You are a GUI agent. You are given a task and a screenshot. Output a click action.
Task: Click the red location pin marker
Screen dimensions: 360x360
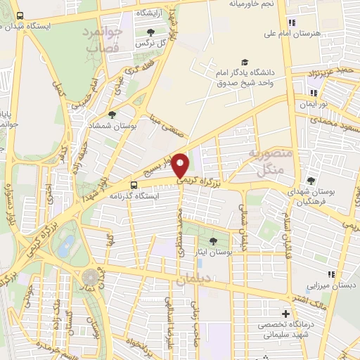click(180, 166)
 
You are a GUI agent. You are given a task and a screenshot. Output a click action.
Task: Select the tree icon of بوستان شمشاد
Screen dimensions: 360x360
click(112, 115)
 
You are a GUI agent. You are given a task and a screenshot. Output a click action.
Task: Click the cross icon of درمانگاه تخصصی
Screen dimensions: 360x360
click(285, 314)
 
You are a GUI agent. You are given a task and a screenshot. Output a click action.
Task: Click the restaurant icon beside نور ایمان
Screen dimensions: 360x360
click(313, 92)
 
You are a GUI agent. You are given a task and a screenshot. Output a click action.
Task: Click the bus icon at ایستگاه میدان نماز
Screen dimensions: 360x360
click(19, 15)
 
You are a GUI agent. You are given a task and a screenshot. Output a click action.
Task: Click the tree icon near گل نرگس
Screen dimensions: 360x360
click(150, 32)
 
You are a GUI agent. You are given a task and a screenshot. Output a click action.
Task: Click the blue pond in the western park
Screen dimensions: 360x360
click(67, 246)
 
